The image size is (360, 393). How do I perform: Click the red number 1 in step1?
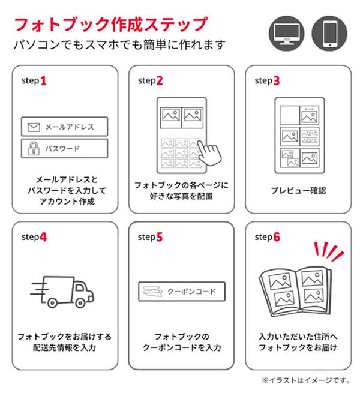point(43,80)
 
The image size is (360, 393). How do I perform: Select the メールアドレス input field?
point(64,127)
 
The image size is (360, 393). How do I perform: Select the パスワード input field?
point(64,148)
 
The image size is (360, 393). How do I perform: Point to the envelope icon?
point(33,127)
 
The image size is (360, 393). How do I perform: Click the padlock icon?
point(33,148)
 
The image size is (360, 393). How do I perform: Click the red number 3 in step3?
point(276,80)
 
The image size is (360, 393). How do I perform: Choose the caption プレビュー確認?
point(298,191)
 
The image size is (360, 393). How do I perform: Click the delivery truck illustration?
point(64,288)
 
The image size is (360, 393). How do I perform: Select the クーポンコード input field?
point(181,292)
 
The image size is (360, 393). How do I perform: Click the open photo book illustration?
point(295,287)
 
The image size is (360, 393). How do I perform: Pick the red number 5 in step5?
point(160,236)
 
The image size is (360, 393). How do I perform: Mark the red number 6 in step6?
point(276,236)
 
